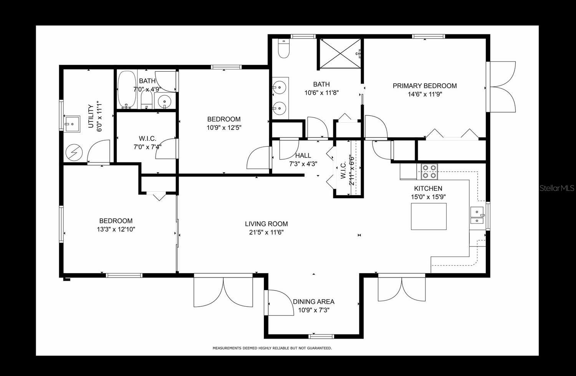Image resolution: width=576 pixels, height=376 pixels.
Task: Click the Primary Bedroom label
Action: pos(424,86)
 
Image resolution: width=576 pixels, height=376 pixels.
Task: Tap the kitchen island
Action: pos(429,217)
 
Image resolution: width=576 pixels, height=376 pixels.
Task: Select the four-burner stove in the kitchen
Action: pos(429,172)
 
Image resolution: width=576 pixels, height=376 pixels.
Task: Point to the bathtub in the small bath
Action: pos(126,89)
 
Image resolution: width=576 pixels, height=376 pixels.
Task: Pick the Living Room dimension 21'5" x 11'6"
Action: pos(266,232)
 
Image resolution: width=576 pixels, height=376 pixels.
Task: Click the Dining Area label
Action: pos(313,302)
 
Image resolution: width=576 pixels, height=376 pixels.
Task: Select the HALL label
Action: pos(303,156)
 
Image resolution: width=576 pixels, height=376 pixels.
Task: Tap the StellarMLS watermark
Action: pos(557,188)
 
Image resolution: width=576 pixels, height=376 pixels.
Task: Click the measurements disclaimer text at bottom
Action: pos(272,348)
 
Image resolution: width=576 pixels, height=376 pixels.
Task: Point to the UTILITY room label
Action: pos(91,116)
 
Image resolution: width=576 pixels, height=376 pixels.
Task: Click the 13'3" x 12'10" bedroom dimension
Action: pos(116,229)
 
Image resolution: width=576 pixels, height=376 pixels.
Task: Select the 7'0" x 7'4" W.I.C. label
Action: pos(147,146)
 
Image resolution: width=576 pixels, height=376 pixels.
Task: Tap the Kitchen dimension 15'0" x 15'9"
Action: pos(428,197)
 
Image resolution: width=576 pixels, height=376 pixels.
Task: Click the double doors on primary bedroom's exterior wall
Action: pos(502,87)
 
